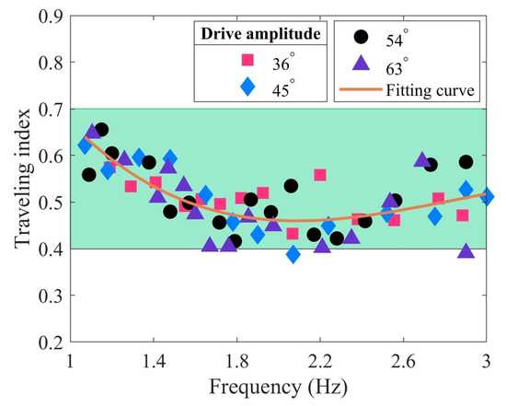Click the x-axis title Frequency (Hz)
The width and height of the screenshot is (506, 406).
click(278, 386)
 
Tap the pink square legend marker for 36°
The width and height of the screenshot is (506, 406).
click(247, 61)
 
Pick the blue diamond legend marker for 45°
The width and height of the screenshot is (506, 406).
click(247, 88)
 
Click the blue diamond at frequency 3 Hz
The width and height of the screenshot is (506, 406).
click(487, 197)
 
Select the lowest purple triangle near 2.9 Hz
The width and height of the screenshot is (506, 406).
click(466, 251)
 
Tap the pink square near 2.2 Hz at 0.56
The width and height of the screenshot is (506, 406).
click(320, 175)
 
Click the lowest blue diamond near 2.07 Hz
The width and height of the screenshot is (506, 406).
click(293, 254)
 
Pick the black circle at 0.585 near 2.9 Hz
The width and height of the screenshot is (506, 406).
click(466, 162)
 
